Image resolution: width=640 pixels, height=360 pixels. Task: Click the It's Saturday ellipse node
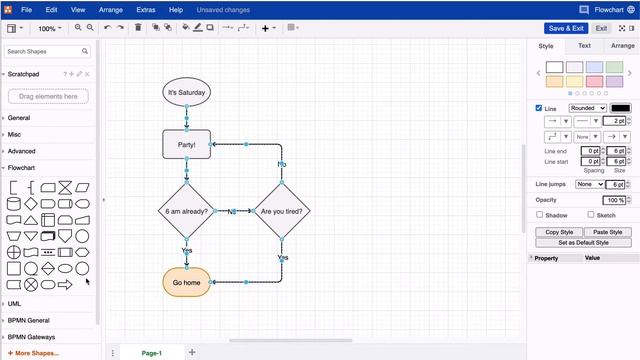click(186, 93)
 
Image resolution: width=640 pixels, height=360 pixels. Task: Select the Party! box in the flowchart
click(186, 144)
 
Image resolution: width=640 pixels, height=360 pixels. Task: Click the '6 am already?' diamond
click(186, 212)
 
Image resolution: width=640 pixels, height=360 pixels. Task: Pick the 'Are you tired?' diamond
click(282, 212)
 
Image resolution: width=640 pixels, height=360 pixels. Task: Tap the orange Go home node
click(186, 282)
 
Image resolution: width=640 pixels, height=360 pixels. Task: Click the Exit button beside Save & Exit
click(602, 28)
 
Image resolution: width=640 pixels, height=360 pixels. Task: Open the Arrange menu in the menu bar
click(111, 9)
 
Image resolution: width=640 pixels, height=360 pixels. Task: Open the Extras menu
click(146, 9)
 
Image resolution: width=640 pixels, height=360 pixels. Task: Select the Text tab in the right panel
click(584, 46)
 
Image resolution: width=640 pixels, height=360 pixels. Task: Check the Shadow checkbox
click(540, 215)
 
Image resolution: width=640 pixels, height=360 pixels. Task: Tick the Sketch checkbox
click(590, 215)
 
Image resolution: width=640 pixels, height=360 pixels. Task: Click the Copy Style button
click(558, 232)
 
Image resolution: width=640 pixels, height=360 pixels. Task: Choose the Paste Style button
click(608, 232)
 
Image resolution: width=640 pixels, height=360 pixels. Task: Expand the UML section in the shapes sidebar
click(14, 303)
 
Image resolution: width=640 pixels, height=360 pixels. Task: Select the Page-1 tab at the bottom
click(151, 353)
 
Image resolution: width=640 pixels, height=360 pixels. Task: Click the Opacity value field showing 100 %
click(614, 200)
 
